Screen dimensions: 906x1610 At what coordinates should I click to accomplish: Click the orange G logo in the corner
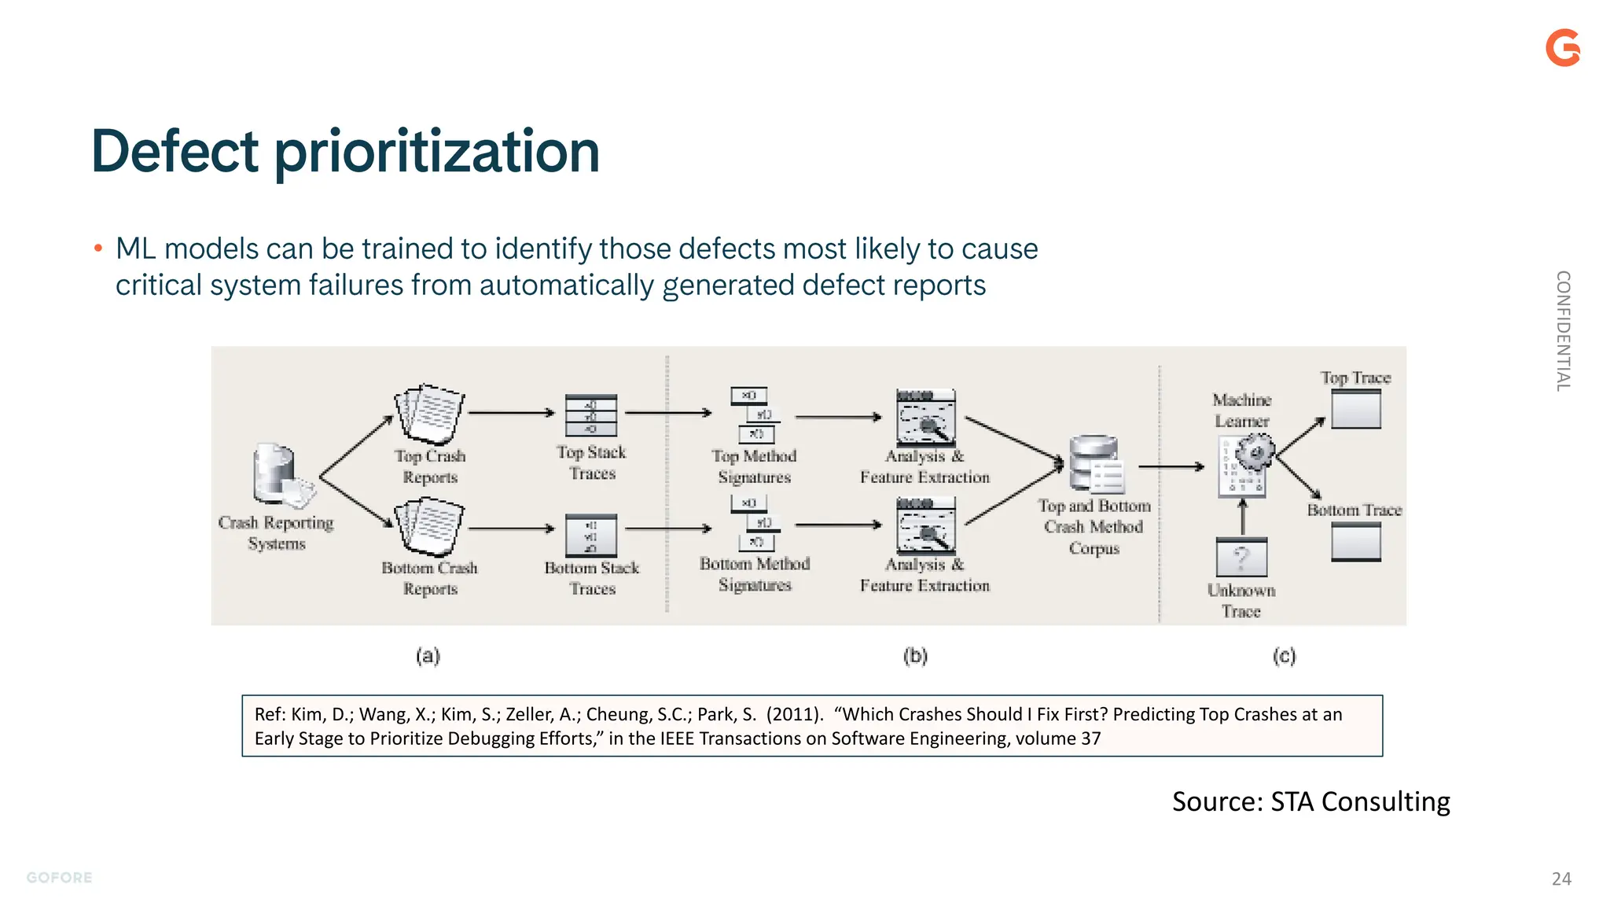[1562, 48]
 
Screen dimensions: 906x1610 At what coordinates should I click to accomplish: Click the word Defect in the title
[175, 151]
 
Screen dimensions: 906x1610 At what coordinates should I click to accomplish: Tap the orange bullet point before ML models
[98, 249]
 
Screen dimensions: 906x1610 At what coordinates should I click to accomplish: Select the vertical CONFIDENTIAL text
[1563, 331]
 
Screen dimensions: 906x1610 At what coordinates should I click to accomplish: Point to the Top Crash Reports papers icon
[430, 414]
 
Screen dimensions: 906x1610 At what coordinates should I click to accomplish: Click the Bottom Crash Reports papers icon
[430, 526]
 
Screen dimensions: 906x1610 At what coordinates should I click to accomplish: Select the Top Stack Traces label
[591, 462]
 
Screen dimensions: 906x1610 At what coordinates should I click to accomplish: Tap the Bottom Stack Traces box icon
[591, 535]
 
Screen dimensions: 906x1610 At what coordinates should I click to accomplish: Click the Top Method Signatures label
[754, 466]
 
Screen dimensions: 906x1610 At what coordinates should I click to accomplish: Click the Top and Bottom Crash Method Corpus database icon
[1094, 464]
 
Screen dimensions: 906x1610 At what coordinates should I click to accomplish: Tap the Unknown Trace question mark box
[1241, 558]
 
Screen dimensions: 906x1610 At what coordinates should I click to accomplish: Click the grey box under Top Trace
[1356, 410]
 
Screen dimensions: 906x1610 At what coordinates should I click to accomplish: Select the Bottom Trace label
[1355, 510]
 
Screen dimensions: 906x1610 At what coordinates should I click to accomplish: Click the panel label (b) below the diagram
[915, 655]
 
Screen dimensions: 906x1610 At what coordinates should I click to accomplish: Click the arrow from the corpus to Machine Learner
[1171, 467]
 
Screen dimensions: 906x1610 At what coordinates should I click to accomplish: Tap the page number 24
[1561, 878]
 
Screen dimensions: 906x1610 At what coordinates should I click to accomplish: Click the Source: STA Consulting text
[1310, 801]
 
